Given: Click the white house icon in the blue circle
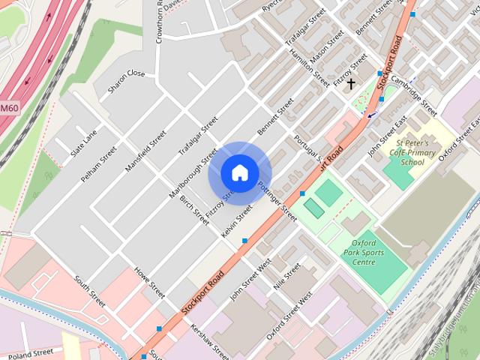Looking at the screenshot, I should coord(239,172).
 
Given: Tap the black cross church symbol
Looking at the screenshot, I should coord(350,84).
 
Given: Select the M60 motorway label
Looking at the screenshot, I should coord(9,108).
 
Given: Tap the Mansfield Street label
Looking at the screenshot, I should coord(145,151).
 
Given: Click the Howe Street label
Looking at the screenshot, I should coord(149,280).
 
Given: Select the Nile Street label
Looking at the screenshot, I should coord(286,276).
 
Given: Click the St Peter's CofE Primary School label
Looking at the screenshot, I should coord(417,151).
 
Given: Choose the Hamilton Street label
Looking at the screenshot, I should coord(310,67).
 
